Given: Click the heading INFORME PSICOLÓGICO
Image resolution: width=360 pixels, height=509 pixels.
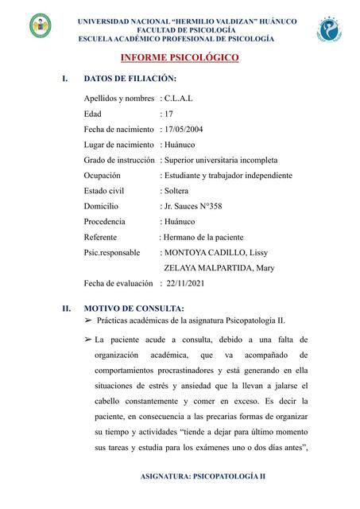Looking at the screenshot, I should coord(179,58).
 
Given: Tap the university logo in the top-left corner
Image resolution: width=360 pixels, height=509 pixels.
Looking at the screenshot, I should coord(40,28).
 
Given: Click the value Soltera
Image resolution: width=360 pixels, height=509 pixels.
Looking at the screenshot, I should coord(177,191).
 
